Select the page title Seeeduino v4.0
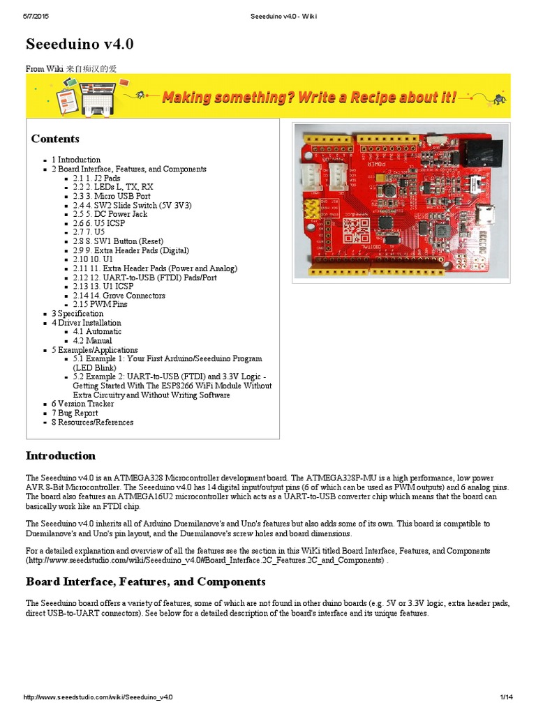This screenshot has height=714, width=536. (x=80, y=45)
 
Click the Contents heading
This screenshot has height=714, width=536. (x=55, y=139)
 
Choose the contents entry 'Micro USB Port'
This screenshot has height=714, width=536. (x=112, y=196)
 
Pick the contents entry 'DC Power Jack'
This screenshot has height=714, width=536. (x=112, y=214)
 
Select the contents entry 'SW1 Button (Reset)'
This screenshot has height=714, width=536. (x=119, y=241)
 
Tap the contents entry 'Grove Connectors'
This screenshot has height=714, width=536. (x=119, y=296)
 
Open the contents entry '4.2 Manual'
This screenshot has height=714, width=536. (x=92, y=341)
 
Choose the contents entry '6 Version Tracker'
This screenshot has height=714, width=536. (x=82, y=404)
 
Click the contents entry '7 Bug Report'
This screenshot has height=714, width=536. (x=75, y=413)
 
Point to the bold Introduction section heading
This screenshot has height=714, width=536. (x=61, y=456)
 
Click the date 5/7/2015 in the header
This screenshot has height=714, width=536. (x=35, y=16)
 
